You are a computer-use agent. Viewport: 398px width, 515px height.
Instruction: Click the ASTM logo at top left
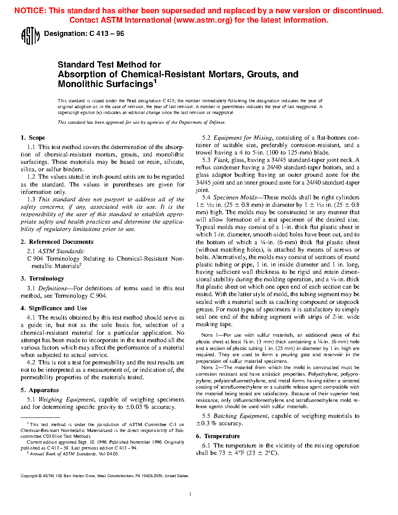[30, 36]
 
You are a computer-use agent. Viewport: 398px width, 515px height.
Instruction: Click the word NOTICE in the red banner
[30, 11]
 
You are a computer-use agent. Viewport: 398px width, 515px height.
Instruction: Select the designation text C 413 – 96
[107, 34]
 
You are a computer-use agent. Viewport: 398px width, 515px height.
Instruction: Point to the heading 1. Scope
[33, 138]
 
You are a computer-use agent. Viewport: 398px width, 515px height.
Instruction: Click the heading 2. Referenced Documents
[57, 242]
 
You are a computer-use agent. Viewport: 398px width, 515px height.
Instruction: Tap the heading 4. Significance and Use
[54, 308]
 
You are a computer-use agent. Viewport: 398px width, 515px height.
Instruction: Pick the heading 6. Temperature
[218, 436]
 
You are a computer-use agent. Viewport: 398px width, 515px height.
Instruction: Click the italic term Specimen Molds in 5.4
[235, 197]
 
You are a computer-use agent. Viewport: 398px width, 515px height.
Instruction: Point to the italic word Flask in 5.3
[220, 160]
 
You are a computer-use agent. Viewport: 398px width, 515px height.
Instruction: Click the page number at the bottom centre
[190, 494]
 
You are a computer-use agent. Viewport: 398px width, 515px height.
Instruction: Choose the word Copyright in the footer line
[29, 476]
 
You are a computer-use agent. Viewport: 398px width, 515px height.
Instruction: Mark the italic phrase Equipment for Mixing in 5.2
[243, 138]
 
